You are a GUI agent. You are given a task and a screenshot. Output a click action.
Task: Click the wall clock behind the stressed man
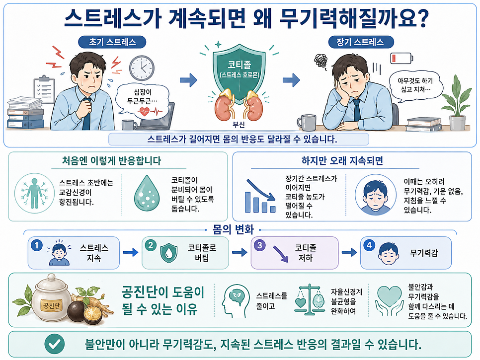coord(142,68)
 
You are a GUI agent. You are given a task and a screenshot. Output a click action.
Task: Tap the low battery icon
coord(401,58)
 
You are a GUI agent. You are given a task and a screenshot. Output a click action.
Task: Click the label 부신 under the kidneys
coord(239,125)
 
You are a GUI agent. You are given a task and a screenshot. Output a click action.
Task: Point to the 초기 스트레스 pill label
coord(112,42)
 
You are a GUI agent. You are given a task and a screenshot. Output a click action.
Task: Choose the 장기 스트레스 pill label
coord(361,42)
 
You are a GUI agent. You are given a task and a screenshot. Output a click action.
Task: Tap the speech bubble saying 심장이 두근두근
coord(142,99)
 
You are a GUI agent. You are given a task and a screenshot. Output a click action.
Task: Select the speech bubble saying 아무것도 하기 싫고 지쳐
coord(415,85)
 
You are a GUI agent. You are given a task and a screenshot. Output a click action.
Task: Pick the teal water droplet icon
coord(147,193)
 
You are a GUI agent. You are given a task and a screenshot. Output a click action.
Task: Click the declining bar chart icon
coord(260,196)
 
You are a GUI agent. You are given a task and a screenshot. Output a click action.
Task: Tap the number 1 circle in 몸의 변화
coord(37,245)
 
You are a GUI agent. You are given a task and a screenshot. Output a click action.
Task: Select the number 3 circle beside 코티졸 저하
coord(259,245)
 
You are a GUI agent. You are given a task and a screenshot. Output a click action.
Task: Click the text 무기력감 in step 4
coord(424,253)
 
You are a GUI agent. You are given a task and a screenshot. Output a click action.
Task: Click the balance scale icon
coord(310,299)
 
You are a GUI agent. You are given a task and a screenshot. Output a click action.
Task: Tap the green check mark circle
coord(55,344)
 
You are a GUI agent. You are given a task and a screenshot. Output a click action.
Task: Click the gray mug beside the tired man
coord(307,123)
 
